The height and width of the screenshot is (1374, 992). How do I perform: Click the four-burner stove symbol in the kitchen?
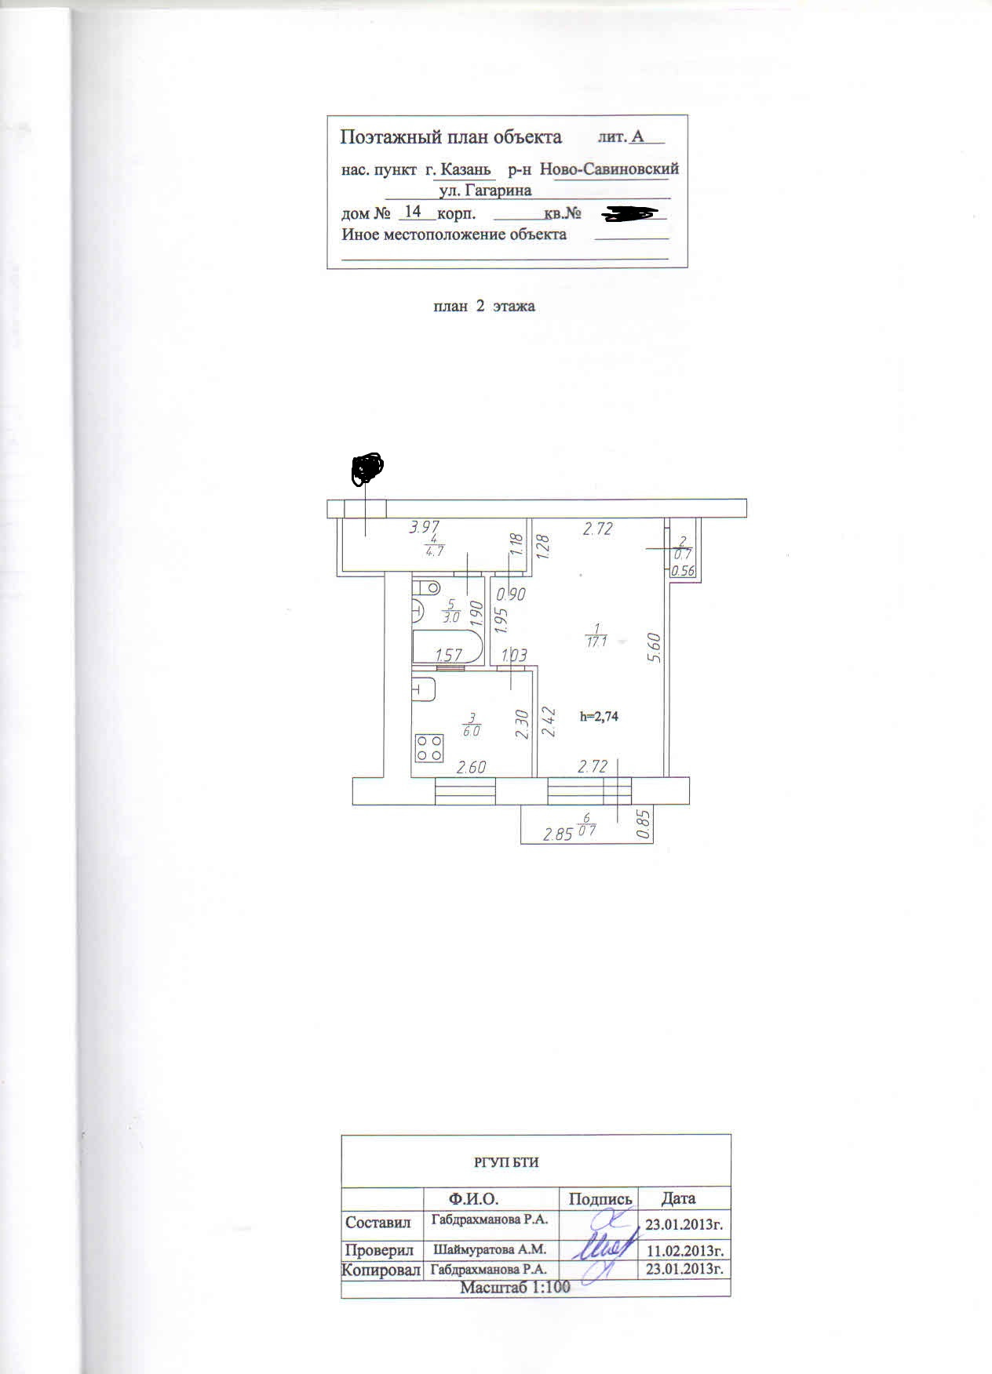tap(429, 747)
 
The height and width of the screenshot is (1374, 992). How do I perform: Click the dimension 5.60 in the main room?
tap(658, 648)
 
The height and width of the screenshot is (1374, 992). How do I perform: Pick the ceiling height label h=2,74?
tap(599, 716)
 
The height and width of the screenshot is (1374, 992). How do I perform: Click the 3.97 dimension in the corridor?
tap(425, 528)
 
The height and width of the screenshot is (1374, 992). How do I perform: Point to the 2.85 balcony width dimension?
tap(558, 834)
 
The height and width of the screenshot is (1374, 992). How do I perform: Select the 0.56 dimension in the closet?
tap(683, 571)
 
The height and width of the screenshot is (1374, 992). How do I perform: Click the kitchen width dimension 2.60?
tap(471, 767)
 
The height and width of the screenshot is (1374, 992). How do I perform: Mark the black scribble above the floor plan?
tap(367, 467)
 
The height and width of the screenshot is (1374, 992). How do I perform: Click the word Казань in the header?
tap(465, 169)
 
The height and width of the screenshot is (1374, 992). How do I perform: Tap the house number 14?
tap(413, 212)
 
